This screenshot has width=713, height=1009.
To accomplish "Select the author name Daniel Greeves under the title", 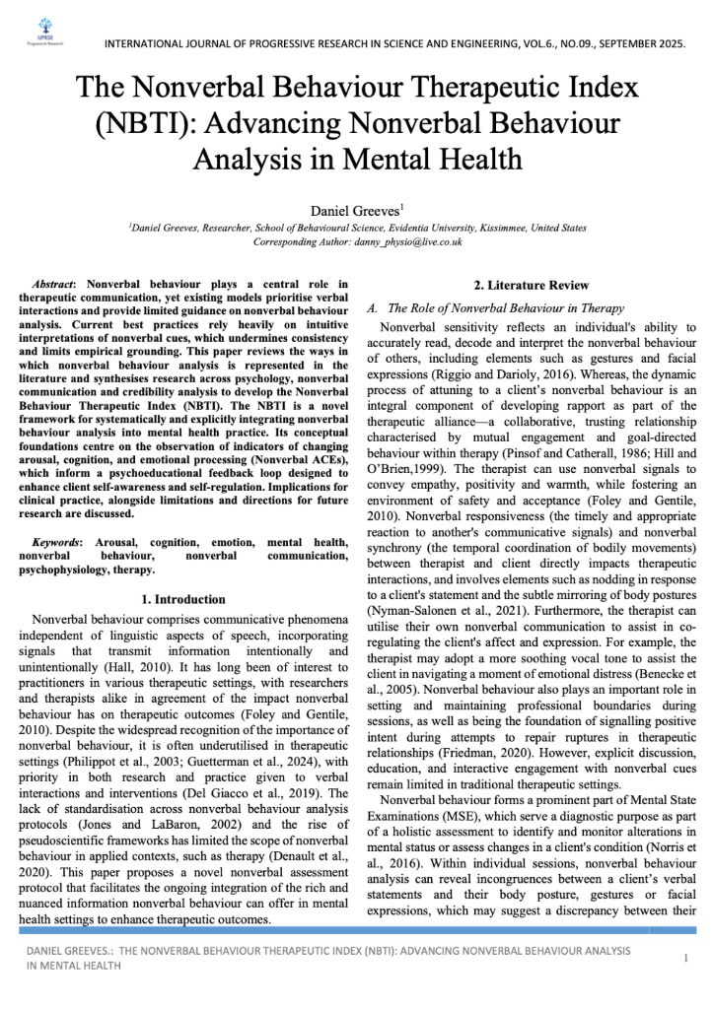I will pos(353,210).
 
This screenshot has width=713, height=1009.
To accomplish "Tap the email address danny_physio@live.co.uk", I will pos(412,241).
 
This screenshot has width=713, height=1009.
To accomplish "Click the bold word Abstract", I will pos(56,284).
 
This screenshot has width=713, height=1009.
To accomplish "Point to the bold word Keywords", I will pos(56,542).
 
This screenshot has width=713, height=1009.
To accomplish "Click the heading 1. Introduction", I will pos(183,598).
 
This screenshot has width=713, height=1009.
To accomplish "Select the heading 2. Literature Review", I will pos(532,286).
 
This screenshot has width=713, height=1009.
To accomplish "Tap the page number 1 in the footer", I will pos(684,958).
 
